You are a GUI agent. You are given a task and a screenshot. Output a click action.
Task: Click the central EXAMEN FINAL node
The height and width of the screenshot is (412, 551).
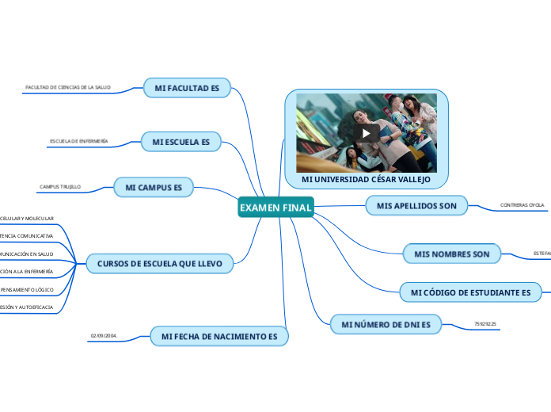click(x=275, y=208)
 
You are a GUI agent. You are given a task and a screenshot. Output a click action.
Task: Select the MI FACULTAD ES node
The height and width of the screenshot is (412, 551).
click(x=187, y=89)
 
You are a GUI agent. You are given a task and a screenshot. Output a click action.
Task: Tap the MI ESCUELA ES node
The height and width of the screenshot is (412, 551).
click(x=181, y=142)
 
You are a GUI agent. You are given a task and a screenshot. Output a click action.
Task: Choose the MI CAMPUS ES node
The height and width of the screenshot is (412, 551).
click(x=154, y=187)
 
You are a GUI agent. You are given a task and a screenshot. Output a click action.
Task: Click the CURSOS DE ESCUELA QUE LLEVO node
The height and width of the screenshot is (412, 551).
click(x=160, y=263)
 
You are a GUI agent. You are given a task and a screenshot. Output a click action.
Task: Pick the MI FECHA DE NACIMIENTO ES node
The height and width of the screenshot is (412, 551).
click(x=219, y=337)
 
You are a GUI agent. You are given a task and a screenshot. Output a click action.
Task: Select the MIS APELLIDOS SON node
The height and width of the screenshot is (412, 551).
click(x=417, y=206)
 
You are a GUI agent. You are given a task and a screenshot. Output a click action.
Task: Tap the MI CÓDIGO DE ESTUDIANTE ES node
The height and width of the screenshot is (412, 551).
click(x=470, y=293)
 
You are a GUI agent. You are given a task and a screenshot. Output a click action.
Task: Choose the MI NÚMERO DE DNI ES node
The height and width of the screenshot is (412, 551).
click(x=386, y=325)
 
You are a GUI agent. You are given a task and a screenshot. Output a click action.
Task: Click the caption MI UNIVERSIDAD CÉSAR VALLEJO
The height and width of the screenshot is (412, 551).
click(x=366, y=179)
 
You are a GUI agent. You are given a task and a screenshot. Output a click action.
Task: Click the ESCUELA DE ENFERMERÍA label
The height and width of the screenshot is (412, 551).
click(x=79, y=141)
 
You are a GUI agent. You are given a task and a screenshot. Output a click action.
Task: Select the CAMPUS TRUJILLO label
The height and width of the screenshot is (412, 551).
click(x=60, y=187)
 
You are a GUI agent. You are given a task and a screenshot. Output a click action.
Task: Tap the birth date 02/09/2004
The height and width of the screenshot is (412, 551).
click(x=104, y=336)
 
